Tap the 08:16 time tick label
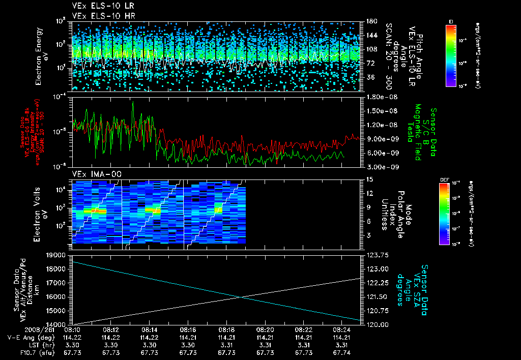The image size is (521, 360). coord(188,329)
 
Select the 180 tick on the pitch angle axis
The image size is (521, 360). coord(371,21)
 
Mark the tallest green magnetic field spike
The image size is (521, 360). coord(133,103)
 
